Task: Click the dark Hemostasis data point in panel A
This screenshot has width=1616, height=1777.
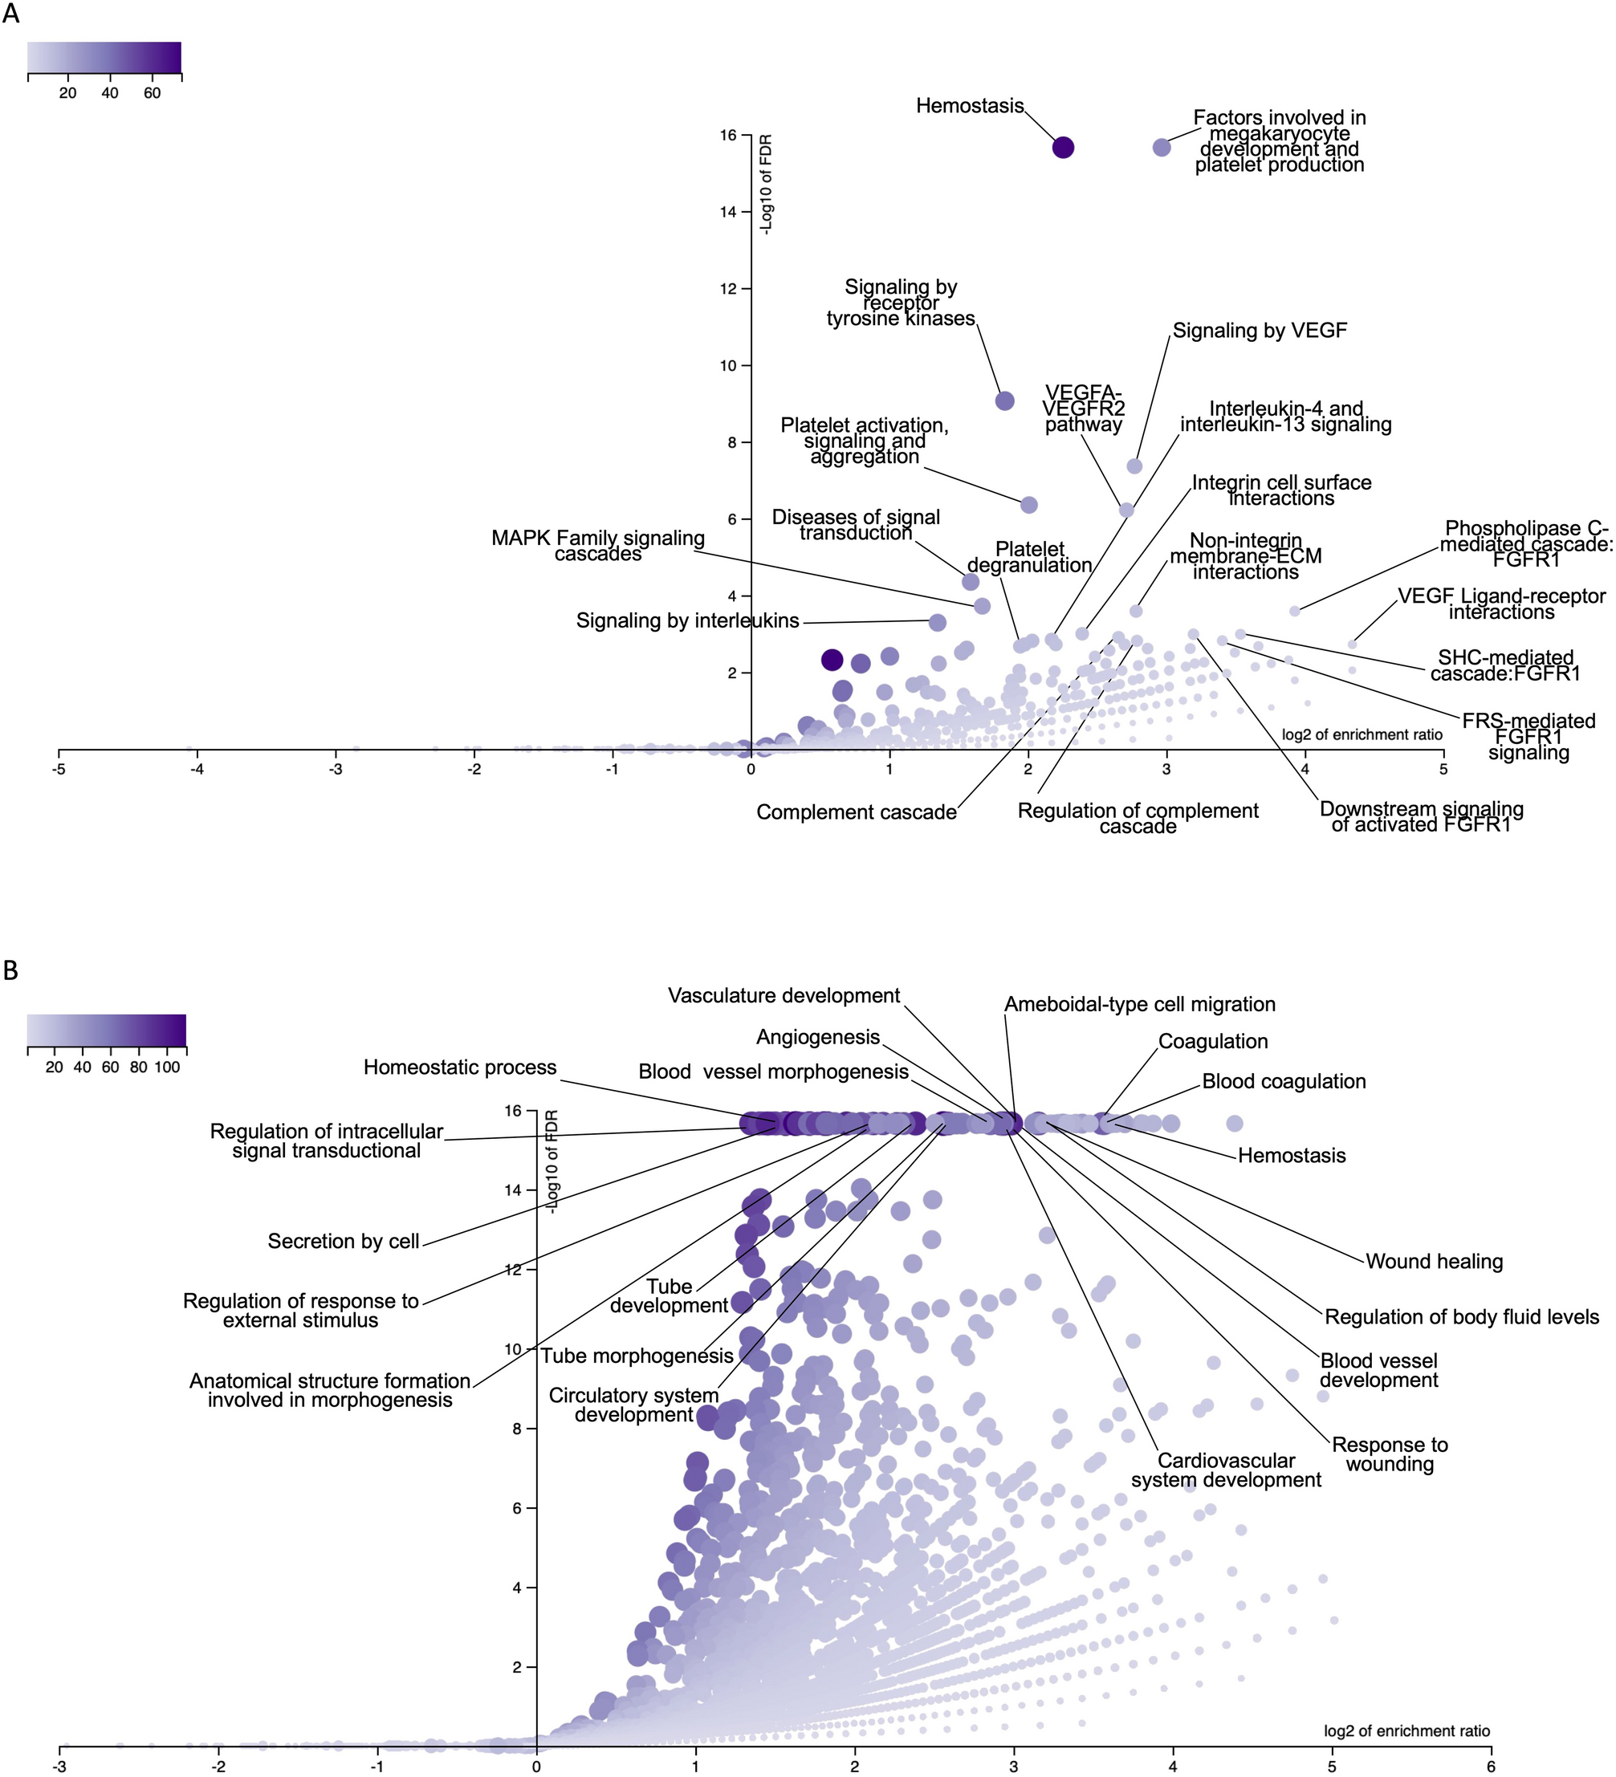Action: pyautogui.click(x=1063, y=147)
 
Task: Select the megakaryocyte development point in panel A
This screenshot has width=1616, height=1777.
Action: pyautogui.click(x=1162, y=147)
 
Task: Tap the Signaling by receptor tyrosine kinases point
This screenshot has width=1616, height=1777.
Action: pyautogui.click(x=1004, y=401)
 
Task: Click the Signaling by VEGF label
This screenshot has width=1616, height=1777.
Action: pyautogui.click(x=1259, y=331)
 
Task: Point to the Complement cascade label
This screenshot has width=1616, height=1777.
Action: pyautogui.click(x=856, y=811)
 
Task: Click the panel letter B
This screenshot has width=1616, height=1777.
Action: pyautogui.click(x=10, y=970)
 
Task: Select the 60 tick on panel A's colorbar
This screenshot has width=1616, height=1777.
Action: pyautogui.click(x=152, y=93)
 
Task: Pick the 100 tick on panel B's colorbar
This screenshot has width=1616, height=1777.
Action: pyautogui.click(x=167, y=1067)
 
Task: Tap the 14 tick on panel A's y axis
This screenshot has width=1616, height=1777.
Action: pyautogui.click(x=728, y=212)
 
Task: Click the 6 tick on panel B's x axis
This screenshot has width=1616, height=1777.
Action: pyautogui.click(x=1491, y=1767)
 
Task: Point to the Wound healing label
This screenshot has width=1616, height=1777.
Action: pyautogui.click(x=1435, y=1262)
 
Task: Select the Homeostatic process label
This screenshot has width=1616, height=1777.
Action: pyautogui.click(x=460, y=1067)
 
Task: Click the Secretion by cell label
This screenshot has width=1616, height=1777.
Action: pyautogui.click(x=344, y=1241)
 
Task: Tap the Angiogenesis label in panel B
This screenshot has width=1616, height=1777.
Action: pyautogui.click(x=818, y=1037)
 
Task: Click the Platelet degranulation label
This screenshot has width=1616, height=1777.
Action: pyautogui.click(x=1030, y=557)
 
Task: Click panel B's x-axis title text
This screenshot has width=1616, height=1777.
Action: pyautogui.click(x=1407, y=1730)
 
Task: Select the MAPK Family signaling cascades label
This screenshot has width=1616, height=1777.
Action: pyautogui.click(x=598, y=546)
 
